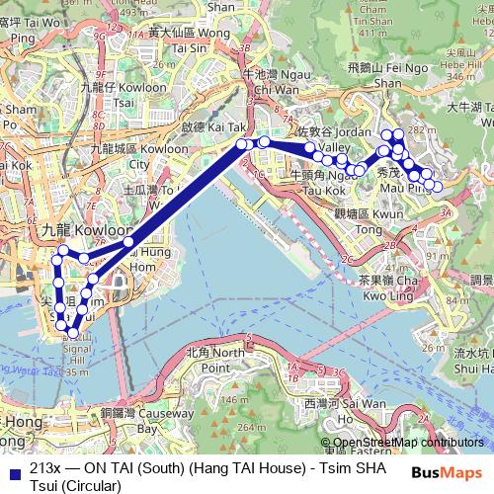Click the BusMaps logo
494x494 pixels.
point(453,472)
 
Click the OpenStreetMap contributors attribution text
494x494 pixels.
point(408,444)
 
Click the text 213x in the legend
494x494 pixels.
point(44,468)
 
